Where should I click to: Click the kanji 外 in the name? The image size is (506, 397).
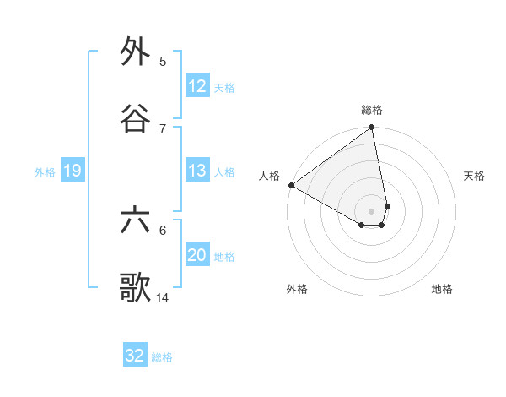coord(135,52)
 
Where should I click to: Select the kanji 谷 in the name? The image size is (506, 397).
coord(135,119)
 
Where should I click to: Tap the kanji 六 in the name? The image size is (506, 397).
coord(135,221)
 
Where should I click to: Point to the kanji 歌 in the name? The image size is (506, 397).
coord(135,288)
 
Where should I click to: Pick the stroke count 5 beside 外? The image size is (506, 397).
coord(163,61)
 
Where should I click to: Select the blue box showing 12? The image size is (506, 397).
coord(197,86)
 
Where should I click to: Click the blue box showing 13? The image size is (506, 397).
coord(197,171)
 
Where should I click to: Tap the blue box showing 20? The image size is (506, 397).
coord(197,255)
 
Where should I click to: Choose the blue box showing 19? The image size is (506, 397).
coord(73,171)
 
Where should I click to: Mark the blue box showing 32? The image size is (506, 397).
coord(135,356)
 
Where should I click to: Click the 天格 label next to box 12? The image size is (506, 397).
coord(224,87)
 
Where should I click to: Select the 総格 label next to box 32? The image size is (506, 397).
coord(162,356)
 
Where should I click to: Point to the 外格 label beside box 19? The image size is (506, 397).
coord(45,172)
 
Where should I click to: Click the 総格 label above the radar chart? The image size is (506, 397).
coord(372,110)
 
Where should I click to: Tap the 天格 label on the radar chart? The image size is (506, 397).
coord(475,176)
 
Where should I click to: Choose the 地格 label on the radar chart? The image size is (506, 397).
coord(442,289)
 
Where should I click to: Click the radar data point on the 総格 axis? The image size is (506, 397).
coord(372,128)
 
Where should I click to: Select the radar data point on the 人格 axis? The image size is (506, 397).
coord(291,185)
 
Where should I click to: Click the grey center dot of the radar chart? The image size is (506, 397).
coord(372,211)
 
